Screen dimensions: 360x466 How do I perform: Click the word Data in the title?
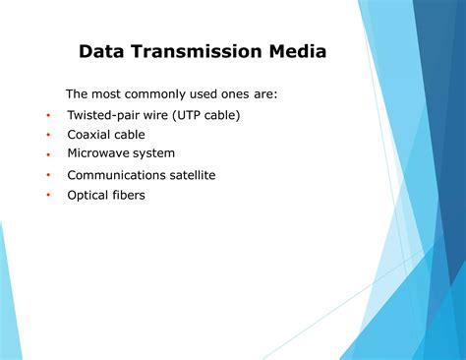coord(102,51)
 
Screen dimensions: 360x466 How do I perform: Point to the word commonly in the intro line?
coord(157,94)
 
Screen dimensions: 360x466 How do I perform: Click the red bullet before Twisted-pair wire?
coord(47,116)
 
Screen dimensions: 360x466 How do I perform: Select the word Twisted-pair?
coord(103,115)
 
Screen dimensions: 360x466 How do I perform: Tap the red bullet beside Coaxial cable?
coord(47,136)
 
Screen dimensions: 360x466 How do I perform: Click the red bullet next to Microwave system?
coord(47,154)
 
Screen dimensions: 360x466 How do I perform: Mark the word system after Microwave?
coord(154,153)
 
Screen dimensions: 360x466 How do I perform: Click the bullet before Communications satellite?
coord(47,176)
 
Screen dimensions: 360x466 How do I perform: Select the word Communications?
coord(113,175)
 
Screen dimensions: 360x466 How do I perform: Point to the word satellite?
coord(189,175)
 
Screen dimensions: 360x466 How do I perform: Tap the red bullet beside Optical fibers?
coord(47,196)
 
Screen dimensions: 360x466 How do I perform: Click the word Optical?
coord(87,195)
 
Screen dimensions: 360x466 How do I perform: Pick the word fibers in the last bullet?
coord(128,195)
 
